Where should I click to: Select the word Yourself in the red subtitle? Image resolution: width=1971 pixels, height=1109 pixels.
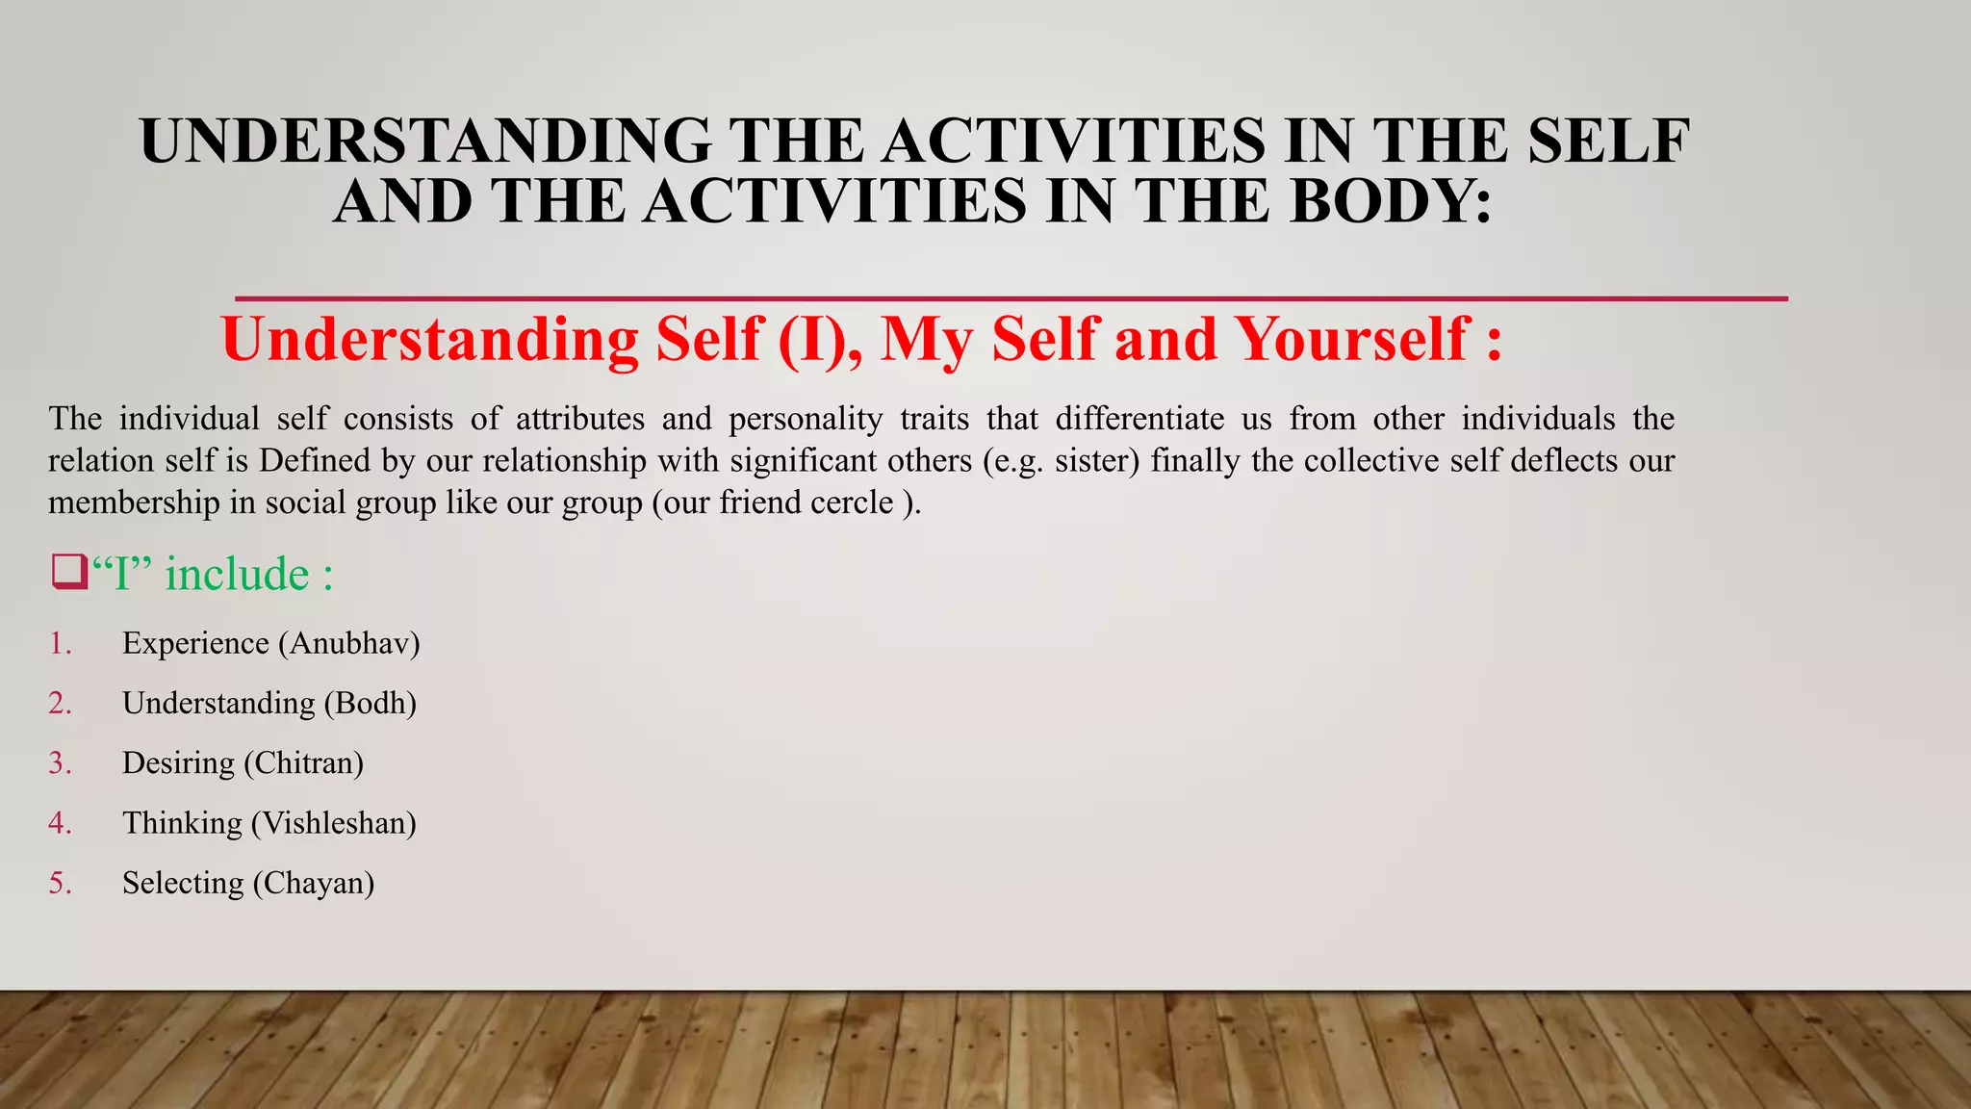click(1352, 340)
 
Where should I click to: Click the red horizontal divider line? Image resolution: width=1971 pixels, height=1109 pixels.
click(1011, 299)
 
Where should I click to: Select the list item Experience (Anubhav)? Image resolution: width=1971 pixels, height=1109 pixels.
click(270, 643)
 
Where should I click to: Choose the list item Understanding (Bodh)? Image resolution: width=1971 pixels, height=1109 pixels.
click(269, 704)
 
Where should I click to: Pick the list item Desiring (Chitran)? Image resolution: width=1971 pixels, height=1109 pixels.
click(243, 763)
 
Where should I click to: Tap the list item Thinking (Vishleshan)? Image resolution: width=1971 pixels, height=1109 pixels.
click(269, 823)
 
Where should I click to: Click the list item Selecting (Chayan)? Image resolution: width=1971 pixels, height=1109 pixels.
click(247, 883)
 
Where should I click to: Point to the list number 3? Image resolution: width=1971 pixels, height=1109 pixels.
click(60, 763)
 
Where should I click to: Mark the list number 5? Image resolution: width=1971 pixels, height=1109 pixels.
click(60, 883)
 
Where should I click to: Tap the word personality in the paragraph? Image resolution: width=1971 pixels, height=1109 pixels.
click(806, 419)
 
